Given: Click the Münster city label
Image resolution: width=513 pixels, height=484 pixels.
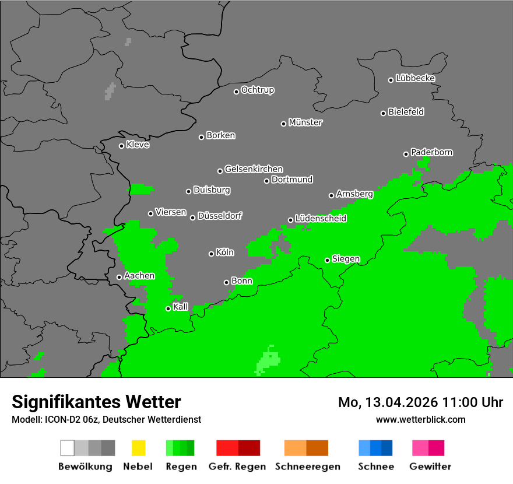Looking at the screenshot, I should point(305,122).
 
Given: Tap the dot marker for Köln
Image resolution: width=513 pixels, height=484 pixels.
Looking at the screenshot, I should point(211,254).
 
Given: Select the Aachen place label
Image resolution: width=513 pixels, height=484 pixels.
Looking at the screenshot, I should point(139,276).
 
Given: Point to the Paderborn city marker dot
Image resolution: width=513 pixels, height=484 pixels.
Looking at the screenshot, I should point(406,154).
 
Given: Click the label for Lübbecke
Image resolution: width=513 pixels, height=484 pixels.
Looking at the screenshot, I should point(415,78).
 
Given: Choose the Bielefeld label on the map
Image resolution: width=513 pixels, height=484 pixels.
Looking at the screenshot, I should point(406,112).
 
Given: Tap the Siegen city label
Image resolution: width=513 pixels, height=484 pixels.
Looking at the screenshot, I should point(346,259).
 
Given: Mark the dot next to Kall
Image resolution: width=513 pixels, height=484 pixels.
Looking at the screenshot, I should point(168,308).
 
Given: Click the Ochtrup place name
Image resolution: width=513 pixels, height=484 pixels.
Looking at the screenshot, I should point(258,90).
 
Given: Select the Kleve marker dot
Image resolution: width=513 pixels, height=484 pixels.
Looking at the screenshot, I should point(121,146).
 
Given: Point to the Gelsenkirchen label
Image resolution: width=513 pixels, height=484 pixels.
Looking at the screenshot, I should point(254,169).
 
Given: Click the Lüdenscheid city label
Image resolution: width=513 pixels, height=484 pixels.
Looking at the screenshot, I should point(321,219).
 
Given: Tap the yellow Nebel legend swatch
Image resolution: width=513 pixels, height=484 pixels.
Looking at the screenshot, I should point(138,448).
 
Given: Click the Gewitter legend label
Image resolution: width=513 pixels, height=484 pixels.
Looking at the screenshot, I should point(430,467).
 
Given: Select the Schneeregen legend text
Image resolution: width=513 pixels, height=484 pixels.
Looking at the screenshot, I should point(307,467).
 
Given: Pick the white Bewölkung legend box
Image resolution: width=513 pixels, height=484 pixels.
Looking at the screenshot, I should point(68,448).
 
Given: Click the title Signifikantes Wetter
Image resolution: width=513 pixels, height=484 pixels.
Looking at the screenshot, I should point(96,402).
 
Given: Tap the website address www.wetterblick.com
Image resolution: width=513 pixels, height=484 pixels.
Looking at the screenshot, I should point(420,419).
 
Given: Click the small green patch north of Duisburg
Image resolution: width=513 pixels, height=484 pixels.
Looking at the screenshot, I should point(140,189).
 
